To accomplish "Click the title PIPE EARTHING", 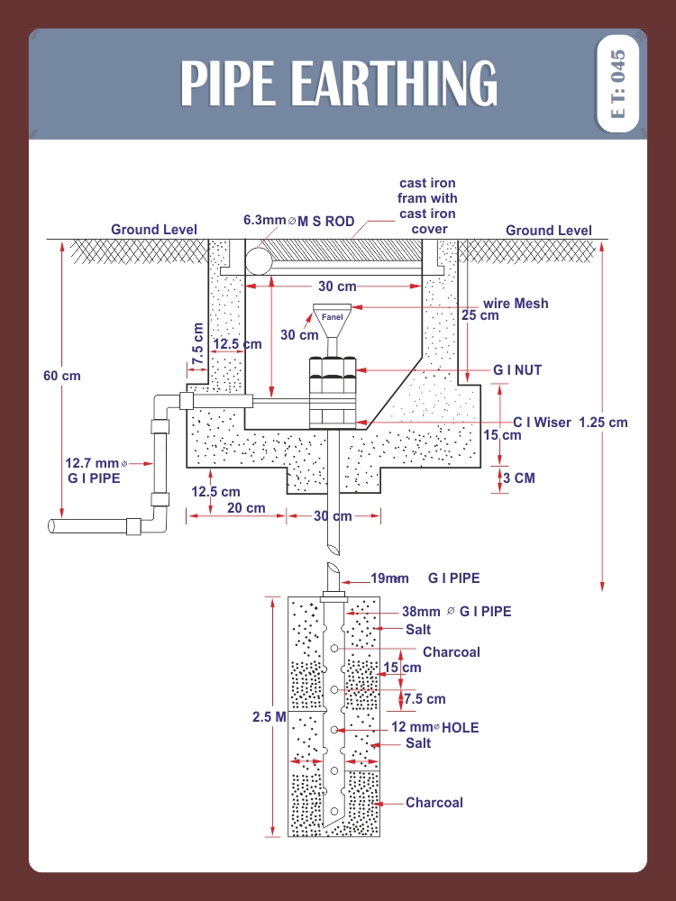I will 338,84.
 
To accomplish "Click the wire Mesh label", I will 516,304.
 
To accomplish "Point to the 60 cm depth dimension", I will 61,375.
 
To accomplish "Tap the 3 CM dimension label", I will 518,478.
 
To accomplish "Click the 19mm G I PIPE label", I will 426,578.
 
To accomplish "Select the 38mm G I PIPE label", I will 456,612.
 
